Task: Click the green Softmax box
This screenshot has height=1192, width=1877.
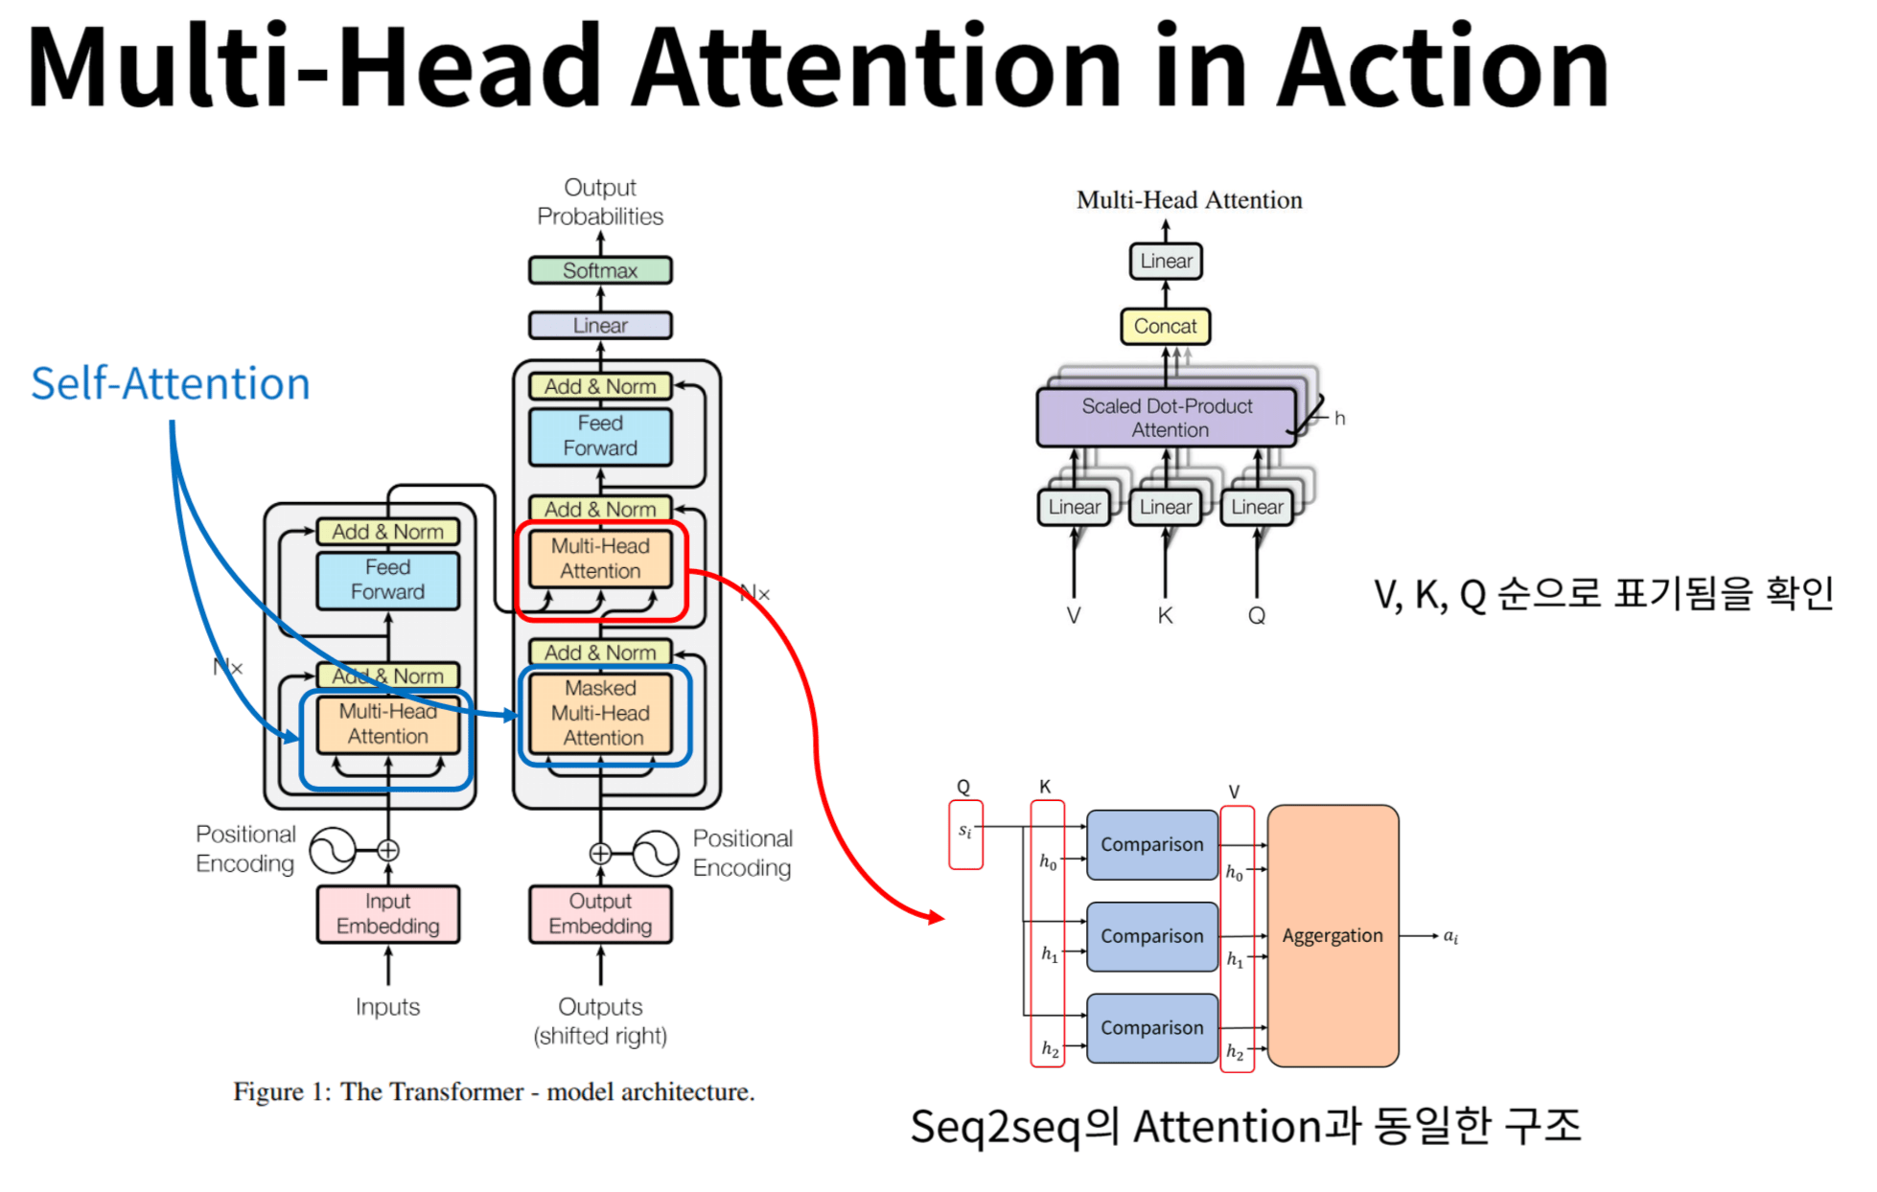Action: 600,270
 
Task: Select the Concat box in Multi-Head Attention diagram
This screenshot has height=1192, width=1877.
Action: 1165,326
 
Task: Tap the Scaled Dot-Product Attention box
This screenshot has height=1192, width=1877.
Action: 1167,418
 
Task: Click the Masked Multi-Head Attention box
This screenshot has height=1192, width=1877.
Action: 602,713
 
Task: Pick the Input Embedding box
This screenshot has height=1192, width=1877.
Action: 387,913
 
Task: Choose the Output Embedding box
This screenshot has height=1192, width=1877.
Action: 600,913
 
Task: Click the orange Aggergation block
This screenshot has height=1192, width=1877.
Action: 1332,935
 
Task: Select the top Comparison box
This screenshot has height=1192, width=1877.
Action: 1151,844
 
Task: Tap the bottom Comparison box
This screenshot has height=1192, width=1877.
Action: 1151,1027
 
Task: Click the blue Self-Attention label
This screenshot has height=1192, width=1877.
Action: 171,383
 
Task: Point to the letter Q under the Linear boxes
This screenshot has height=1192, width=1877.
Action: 1256,615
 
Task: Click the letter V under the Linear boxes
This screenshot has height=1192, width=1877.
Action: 1074,615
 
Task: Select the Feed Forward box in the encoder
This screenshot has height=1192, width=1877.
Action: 387,580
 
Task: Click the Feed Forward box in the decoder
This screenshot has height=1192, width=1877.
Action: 600,436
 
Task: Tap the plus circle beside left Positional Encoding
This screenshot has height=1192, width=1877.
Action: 387,850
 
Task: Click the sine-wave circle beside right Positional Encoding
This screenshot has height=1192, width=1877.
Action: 656,853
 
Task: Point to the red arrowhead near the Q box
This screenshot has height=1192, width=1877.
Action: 935,917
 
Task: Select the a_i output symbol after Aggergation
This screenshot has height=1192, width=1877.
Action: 1450,936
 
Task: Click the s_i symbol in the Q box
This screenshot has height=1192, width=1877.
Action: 965,831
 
